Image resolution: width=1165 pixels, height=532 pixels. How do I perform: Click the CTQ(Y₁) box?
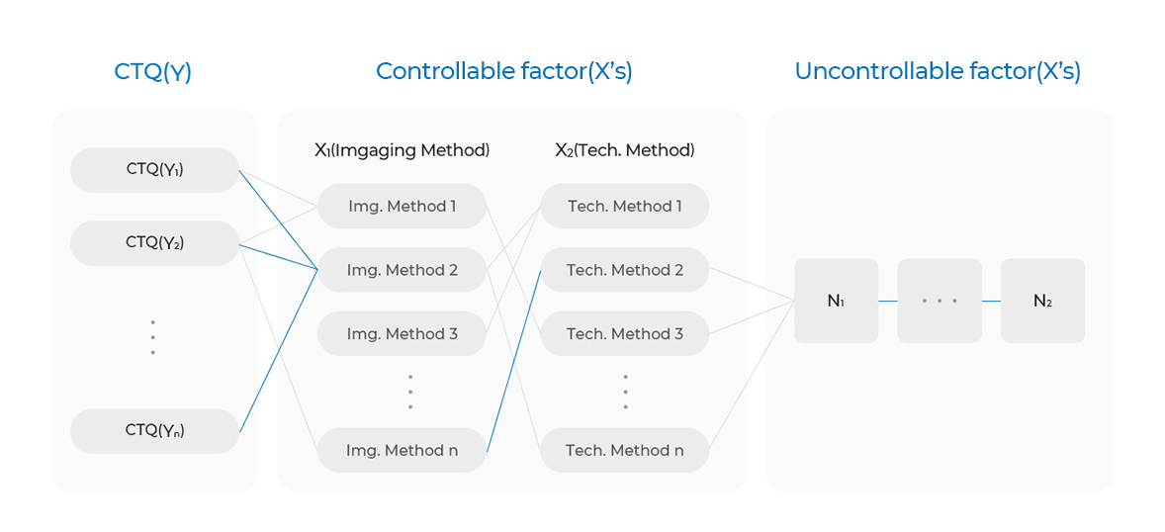pyautogui.click(x=154, y=170)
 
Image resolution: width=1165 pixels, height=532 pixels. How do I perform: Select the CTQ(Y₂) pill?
pyautogui.click(x=154, y=243)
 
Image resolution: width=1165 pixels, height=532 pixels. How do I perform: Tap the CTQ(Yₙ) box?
pyautogui.click(x=154, y=431)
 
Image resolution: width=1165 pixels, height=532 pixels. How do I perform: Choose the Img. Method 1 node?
pyautogui.click(x=402, y=206)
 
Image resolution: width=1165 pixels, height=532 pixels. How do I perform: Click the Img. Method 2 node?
pyautogui.click(x=402, y=270)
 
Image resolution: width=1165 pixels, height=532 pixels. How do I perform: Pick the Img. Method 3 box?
pyautogui.click(x=402, y=333)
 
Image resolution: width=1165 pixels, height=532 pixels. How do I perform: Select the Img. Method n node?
pyautogui.click(x=402, y=450)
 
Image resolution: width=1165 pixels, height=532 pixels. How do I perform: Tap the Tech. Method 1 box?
pyautogui.click(x=625, y=206)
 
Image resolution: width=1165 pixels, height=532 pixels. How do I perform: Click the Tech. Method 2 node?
pyautogui.click(x=625, y=270)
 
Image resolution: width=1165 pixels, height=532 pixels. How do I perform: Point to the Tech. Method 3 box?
pyautogui.click(x=625, y=333)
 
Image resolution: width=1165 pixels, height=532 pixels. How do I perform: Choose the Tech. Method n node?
pyautogui.click(x=625, y=450)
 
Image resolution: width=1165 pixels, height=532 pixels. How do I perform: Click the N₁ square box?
pyautogui.click(x=836, y=301)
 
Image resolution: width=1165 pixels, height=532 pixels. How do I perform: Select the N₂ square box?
pyautogui.click(x=1042, y=301)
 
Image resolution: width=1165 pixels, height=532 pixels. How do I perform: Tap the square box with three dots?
pyautogui.click(x=940, y=301)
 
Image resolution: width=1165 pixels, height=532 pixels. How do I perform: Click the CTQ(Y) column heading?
pyautogui.click(x=153, y=72)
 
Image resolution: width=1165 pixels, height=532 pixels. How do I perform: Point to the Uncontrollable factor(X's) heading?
pyautogui.click(x=938, y=72)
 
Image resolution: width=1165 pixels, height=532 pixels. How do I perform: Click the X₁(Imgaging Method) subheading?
pyautogui.click(x=402, y=151)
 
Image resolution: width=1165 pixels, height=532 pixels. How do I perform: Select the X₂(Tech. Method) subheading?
pyautogui.click(x=625, y=151)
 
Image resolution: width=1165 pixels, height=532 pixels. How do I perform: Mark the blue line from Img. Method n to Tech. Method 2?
pyautogui.click(x=514, y=361)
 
